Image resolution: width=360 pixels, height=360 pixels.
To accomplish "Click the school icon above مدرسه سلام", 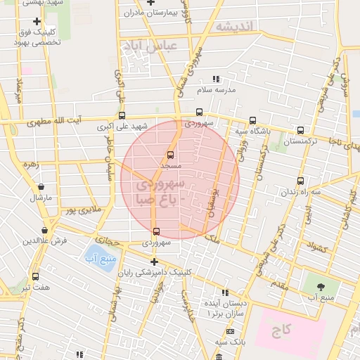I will [x=216, y=79].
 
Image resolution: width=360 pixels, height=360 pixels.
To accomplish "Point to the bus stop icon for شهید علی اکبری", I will [x=122, y=116].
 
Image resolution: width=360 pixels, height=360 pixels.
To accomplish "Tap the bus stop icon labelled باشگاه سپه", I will [x=253, y=120].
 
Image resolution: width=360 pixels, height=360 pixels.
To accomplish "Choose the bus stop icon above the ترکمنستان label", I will [x=301, y=130].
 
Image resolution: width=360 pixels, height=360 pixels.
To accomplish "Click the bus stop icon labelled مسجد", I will [x=170, y=155].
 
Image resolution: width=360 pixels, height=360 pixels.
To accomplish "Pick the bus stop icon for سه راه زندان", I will [x=301, y=181].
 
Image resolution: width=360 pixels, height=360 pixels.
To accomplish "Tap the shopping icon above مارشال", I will [x=41, y=187].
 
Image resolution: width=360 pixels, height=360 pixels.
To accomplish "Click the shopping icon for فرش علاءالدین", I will [x=45, y=230].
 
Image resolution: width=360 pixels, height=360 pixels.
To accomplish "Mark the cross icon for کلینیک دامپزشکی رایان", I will [x=154, y=262].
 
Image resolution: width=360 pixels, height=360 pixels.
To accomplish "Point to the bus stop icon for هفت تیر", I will [x=36, y=276].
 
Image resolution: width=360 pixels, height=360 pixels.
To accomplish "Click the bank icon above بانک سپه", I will [x=230, y=331].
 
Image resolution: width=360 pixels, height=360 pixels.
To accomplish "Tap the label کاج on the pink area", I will [x=281, y=330].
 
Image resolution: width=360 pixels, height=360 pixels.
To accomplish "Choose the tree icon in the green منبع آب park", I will [x=321, y=287].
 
